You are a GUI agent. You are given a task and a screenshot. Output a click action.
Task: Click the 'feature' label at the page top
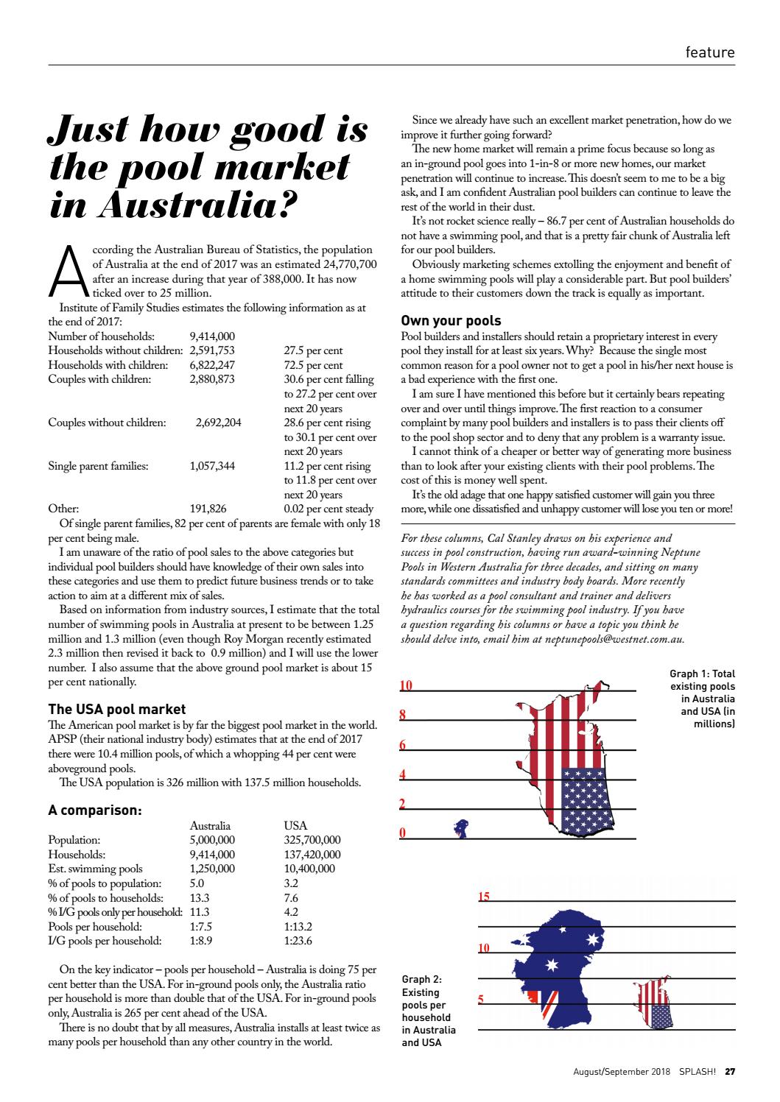click(x=709, y=52)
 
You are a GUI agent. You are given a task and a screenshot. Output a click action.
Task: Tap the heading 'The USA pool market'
click(x=117, y=710)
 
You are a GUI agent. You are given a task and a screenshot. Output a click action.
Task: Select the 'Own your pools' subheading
click(x=451, y=321)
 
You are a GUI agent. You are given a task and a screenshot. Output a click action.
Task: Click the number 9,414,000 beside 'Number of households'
click(x=212, y=336)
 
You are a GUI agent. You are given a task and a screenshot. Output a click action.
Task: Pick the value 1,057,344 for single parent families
click(x=212, y=465)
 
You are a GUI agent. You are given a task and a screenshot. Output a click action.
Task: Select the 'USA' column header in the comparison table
click(x=295, y=826)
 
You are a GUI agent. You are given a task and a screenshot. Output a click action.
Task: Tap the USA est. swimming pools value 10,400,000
click(x=309, y=869)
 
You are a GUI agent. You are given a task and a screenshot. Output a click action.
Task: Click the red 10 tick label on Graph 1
click(x=406, y=686)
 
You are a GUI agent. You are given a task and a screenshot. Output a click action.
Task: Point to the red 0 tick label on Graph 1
click(x=402, y=833)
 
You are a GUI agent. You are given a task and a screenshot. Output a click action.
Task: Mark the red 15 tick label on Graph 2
click(x=484, y=897)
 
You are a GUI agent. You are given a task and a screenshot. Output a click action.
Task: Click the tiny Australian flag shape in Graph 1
click(x=462, y=828)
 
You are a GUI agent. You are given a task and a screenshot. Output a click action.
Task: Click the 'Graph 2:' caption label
click(x=422, y=979)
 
